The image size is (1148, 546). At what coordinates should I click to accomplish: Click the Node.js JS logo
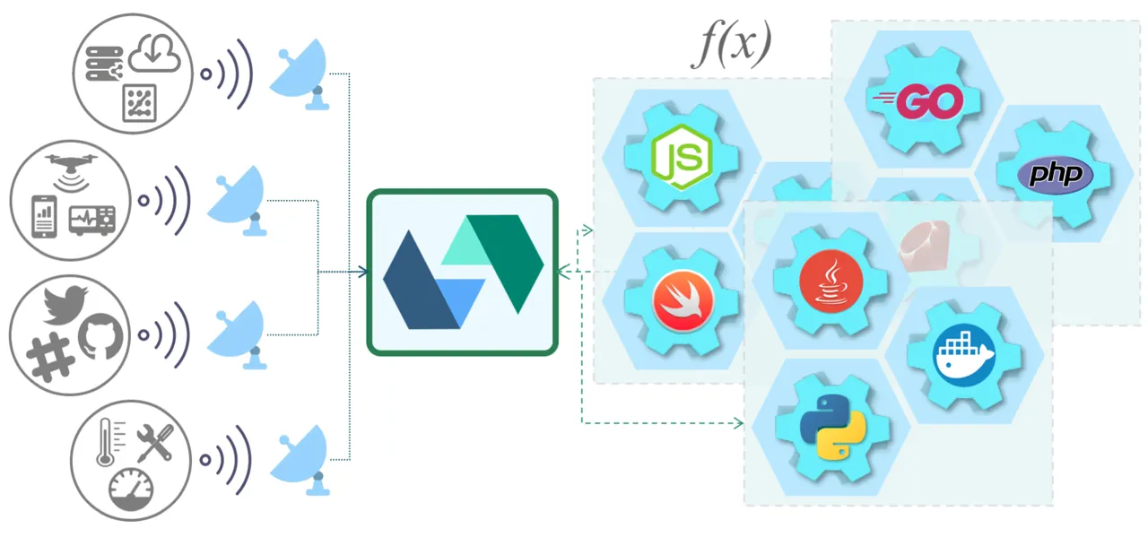tap(683, 157)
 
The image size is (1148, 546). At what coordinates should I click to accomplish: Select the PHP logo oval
tap(1055, 174)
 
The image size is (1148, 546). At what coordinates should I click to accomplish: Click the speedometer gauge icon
tap(131, 490)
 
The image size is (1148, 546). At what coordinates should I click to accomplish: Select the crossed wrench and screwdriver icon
tap(153, 443)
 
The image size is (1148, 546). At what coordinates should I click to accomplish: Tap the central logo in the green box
tap(462, 272)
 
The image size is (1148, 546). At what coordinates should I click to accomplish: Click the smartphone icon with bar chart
tap(45, 216)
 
